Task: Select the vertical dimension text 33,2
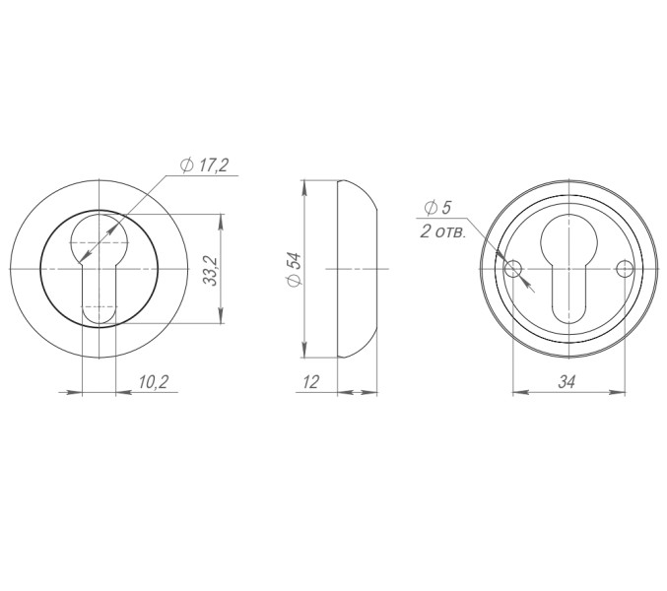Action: point(210,269)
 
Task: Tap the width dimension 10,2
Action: point(153,382)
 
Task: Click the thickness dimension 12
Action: point(310,382)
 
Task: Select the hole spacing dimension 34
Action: point(567,382)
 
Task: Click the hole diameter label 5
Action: point(445,207)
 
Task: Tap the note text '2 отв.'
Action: point(441,232)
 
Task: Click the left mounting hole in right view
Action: point(511,269)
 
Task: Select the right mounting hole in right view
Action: point(623,269)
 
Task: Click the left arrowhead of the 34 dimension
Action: point(518,393)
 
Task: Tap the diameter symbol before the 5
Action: point(430,207)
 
